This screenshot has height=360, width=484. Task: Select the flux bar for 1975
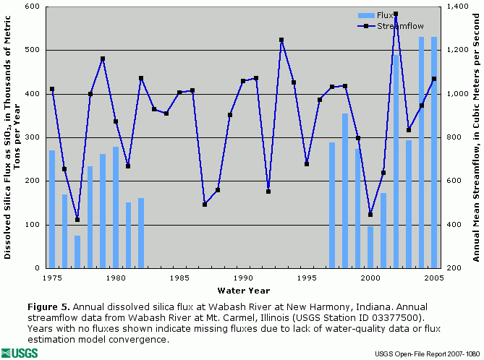coord(52,209)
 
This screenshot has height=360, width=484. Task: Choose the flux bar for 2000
coord(370,247)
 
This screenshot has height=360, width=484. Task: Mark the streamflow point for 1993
coord(281,40)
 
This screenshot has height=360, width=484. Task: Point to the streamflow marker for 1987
coord(205,205)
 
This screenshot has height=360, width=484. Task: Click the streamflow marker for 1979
coord(103,59)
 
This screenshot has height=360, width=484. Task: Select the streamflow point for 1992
coord(268,192)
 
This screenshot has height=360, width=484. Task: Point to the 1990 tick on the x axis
coord(242,278)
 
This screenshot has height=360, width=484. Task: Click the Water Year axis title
coord(243,290)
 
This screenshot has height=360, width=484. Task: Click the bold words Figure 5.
coord(48,307)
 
